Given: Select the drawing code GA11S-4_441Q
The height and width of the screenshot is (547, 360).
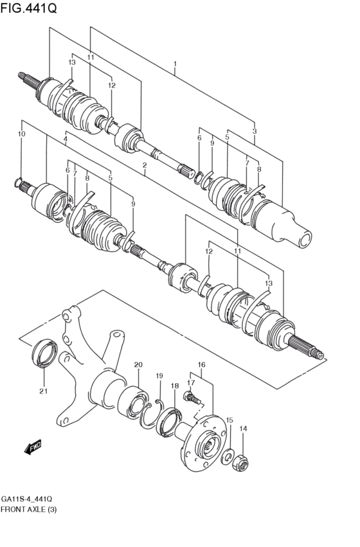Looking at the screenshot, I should tap(26, 498).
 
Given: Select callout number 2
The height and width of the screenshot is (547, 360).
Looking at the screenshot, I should tap(145, 165).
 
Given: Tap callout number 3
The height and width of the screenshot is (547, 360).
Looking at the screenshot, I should tap(255, 130).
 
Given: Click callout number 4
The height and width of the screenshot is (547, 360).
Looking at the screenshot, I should tap(65, 139).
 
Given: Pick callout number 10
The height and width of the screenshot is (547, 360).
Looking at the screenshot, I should tap(21, 133).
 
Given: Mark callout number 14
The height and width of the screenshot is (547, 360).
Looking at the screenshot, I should tap(243, 429).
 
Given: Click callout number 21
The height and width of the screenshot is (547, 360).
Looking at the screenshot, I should tap(44, 391).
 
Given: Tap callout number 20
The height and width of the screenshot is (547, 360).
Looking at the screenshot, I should tap(138, 365).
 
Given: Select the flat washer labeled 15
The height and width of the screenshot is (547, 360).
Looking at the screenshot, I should tap(228, 457).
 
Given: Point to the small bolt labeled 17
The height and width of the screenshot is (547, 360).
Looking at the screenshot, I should tap(191, 398).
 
